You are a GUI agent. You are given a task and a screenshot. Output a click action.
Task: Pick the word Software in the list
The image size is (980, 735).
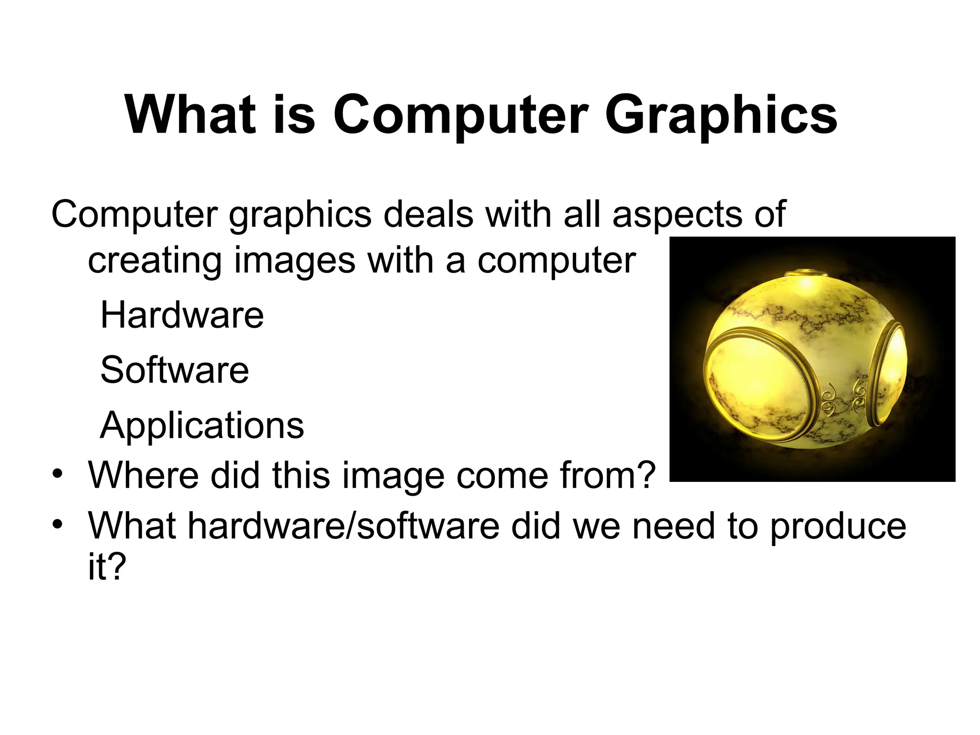point(175,370)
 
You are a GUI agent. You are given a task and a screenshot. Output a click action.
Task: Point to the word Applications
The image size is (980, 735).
point(202,425)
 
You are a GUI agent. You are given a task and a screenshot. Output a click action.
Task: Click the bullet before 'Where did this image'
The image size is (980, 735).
point(58,475)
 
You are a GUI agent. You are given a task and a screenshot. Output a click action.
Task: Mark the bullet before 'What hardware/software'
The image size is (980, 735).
point(58,525)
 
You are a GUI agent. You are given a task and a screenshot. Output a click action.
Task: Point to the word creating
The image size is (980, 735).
point(154,261)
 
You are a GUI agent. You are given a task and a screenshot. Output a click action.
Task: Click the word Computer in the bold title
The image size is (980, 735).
point(460,116)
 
